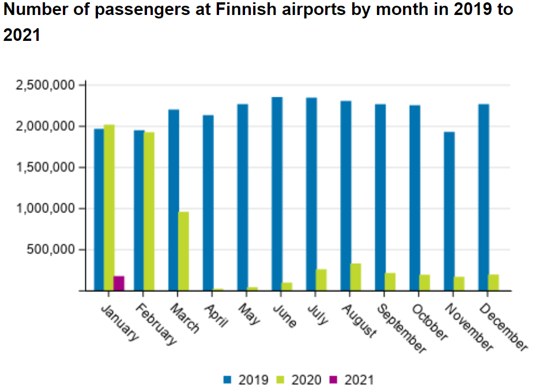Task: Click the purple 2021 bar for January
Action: pyautogui.click(x=119, y=283)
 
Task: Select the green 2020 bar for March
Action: pyautogui.click(x=183, y=251)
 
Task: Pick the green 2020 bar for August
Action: pyautogui.click(x=356, y=277)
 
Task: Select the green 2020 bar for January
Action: pyautogui.click(x=109, y=207)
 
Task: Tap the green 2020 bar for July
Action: pyautogui.click(x=321, y=280)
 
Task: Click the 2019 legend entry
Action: pyautogui.click(x=247, y=380)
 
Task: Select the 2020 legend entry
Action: pyautogui.click(x=300, y=380)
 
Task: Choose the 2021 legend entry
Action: pyautogui.click(x=352, y=380)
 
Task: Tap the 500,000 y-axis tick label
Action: pyautogui.click(x=52, y=250)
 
